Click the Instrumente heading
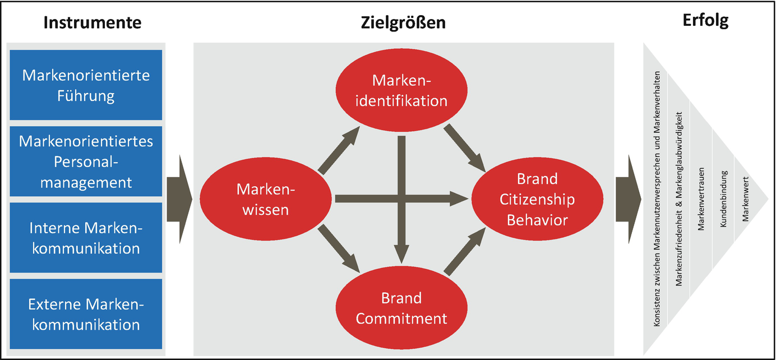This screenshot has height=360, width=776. coord(92,22)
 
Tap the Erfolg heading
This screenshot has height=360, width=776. coord(705,21)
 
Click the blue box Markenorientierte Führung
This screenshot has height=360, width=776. coord(86,85)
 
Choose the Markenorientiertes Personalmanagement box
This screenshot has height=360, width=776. coord(86,161)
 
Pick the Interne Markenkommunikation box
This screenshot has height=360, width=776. coord(86,238)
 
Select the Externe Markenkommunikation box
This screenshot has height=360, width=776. coord(86,314)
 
